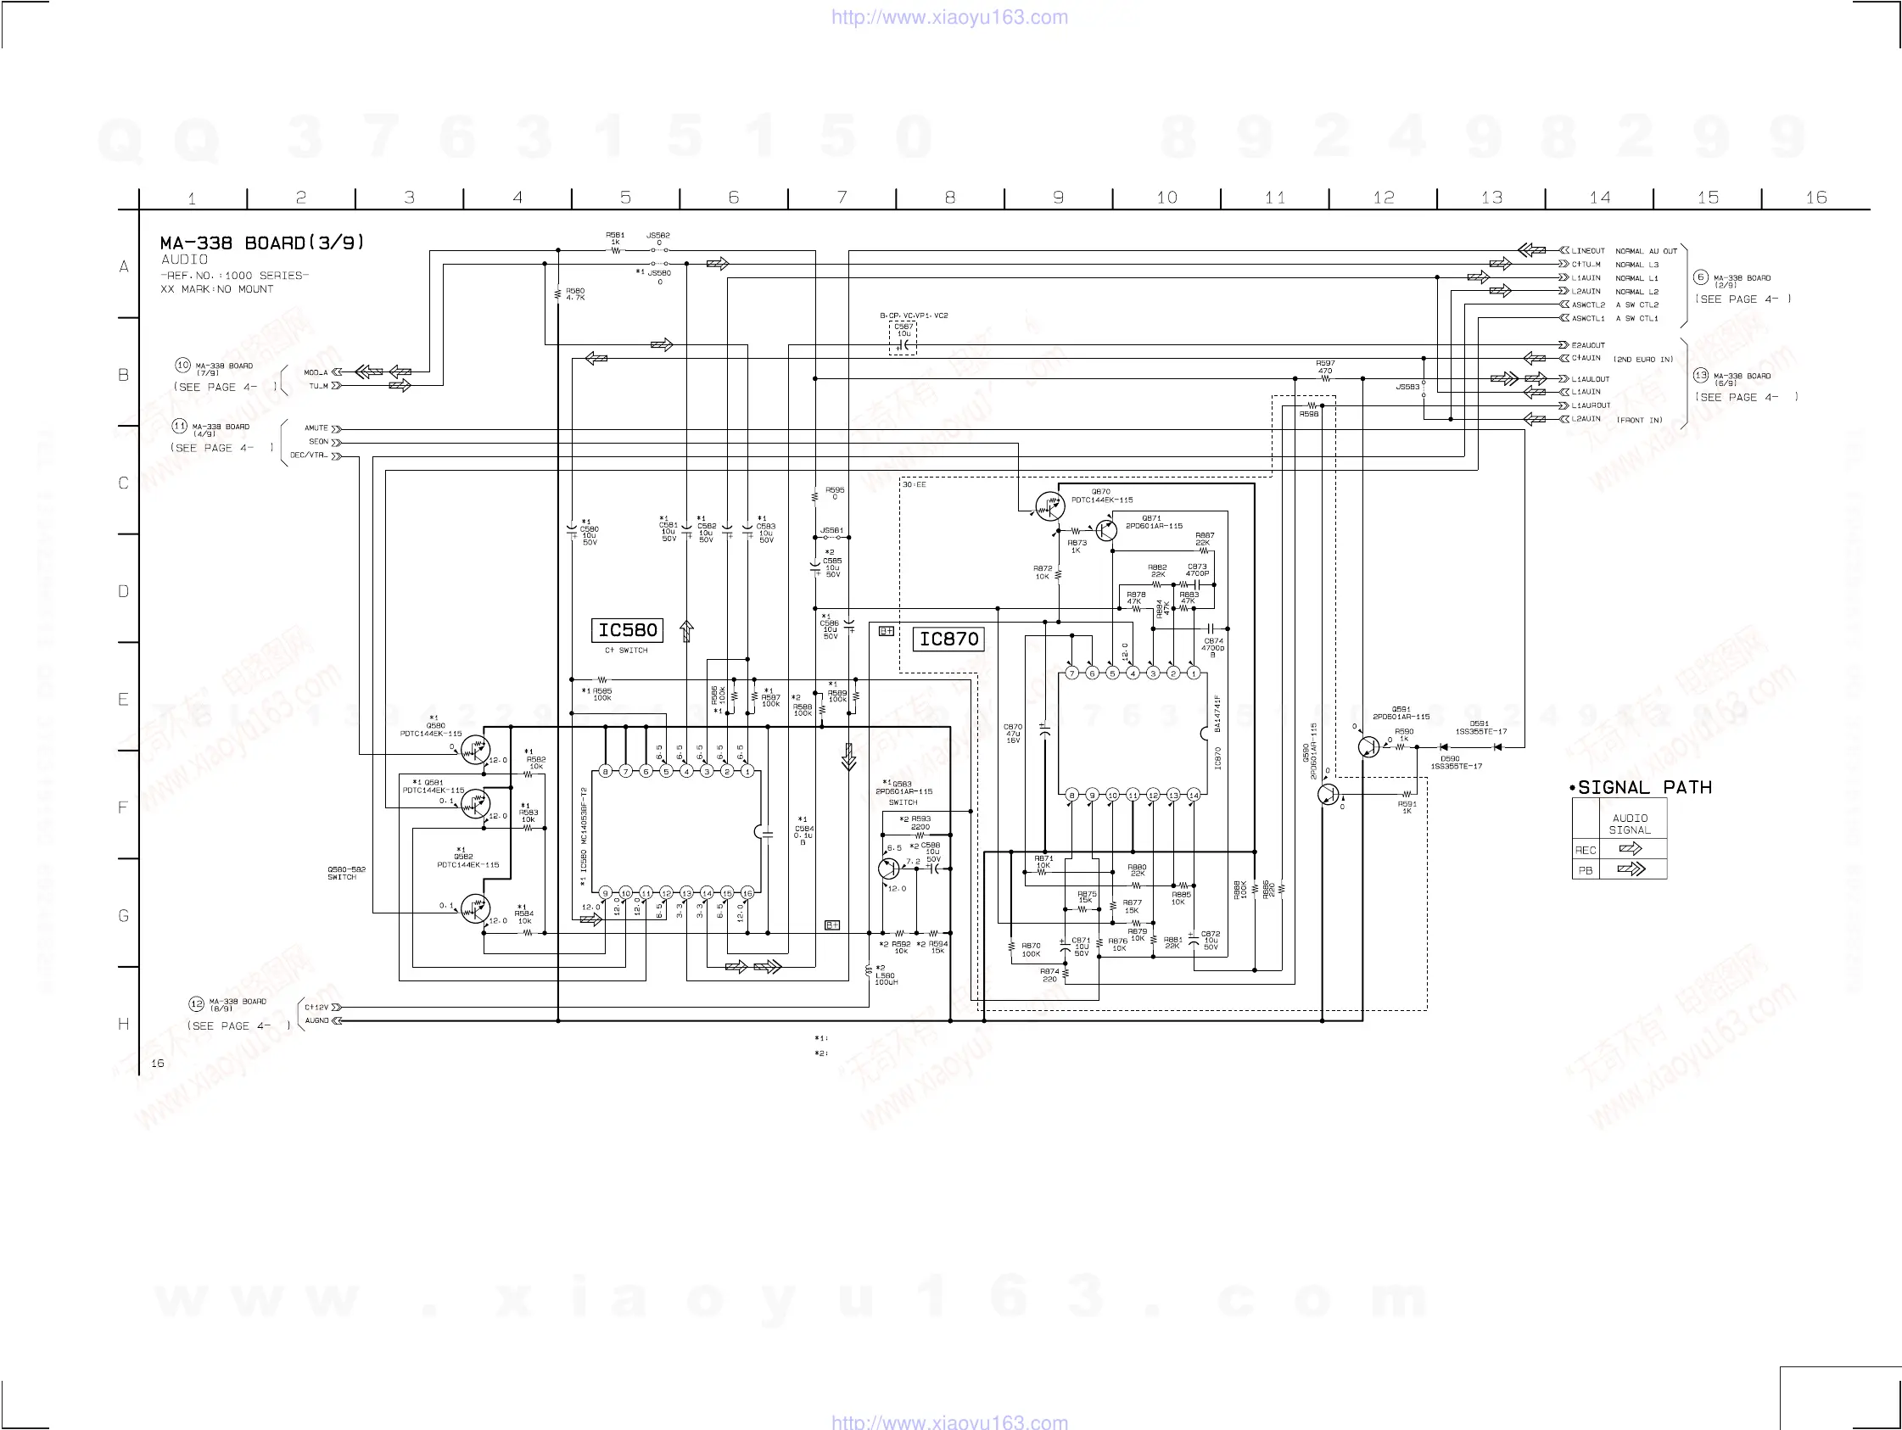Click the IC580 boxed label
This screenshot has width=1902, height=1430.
click(x=628, y=630)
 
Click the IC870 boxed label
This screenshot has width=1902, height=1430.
click(x=948, y=639)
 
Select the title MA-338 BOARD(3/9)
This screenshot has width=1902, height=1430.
click(x=262, y=243)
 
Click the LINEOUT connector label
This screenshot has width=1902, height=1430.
click(x=1588, y=251)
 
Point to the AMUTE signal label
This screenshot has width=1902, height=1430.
click(x=316, y=428)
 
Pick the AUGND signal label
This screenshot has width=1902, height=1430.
click(x=316, y=1020)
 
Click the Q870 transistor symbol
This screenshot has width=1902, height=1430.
click(x=1048, y=506)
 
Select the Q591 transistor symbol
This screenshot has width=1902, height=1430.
click(x=1368, y=746)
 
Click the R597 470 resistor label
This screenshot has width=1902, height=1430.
click(x=1325, y=367)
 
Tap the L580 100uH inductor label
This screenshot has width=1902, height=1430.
click(x=886, y=979)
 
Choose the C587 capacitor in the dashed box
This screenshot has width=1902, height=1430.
click(x=903, y=344)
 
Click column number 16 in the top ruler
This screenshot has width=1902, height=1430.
click(x=1816, y=198)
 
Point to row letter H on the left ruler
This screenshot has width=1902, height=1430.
click(x=124, y=1024)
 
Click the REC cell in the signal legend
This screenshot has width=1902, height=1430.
click(x=1586, y=851)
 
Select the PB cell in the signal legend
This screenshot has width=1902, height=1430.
click(x=1586, y=870)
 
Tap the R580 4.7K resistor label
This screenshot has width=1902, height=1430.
click(x=575, y=294)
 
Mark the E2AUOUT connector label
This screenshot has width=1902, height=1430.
click(x=1588, y=345)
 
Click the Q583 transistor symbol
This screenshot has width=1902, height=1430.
click(x=888, y=869)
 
